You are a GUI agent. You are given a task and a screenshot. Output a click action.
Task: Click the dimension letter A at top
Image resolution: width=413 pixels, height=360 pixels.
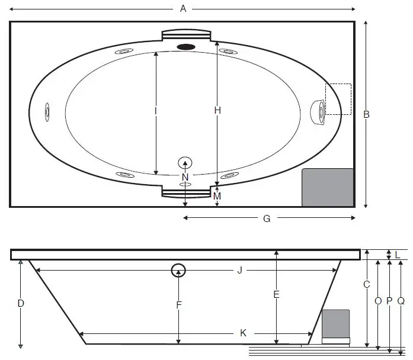coord(183,8)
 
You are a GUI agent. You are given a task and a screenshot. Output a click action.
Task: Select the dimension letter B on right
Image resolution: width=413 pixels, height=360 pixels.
coord(366,114)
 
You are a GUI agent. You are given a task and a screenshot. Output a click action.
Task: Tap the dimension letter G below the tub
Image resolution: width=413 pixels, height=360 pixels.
coord(267,218)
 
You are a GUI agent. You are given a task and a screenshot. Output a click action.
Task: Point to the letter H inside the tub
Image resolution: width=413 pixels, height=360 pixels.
coord(217,110)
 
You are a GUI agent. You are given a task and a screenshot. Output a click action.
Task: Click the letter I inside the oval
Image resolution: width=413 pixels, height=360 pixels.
coord(155,111)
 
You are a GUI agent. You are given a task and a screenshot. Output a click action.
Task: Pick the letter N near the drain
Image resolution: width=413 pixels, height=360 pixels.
coord(185,177)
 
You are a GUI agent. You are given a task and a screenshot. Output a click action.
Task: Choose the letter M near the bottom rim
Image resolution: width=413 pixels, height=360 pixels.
coord(217,195)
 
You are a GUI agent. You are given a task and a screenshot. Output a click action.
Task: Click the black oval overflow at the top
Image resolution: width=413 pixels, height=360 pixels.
coord(186,47)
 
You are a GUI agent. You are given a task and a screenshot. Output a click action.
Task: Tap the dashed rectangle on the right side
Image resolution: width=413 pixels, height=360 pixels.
coord(338,99)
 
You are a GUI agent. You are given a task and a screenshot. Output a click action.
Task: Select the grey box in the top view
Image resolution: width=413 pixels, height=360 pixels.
coord(328,188)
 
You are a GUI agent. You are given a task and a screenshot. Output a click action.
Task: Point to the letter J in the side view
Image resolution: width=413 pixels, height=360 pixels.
coord(239,271)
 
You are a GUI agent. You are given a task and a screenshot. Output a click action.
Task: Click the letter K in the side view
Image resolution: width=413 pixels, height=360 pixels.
coord(243,333)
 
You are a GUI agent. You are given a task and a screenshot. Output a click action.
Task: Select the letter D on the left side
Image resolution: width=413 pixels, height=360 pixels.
coord(21,304)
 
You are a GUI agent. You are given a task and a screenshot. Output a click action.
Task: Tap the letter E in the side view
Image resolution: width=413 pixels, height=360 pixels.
coord(276,294)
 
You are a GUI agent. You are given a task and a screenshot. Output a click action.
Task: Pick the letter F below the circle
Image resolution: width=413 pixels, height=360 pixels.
coord(178,305)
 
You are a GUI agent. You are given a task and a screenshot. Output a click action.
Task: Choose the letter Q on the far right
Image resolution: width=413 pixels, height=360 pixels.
coord(401,301)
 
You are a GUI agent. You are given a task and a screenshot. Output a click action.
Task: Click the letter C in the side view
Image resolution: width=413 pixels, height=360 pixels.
coord(367,284)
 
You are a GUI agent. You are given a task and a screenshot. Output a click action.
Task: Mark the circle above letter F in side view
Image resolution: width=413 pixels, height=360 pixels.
coord(178,271)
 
